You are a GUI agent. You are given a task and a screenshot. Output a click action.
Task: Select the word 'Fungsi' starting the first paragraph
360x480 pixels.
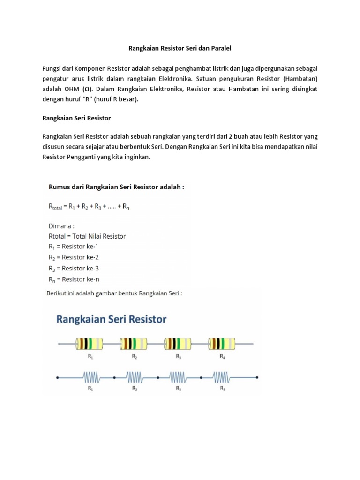click(x=52, y=68)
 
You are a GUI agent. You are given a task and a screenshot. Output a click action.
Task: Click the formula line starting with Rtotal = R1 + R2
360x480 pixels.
click(x=89, y=206)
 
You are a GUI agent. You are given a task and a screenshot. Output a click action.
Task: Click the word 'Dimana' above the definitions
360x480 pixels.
click(x=61, y=225)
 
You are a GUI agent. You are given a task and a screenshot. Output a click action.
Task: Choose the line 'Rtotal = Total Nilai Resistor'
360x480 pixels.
click(x=87, y=236)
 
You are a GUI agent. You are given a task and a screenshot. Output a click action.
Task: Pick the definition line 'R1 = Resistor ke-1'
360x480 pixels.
click(x=73, y=247)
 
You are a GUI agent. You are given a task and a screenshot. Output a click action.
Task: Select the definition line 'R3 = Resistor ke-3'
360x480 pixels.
click(x=74, y=269)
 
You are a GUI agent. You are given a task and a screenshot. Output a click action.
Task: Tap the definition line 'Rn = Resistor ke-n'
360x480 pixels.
click(x=74, y=280)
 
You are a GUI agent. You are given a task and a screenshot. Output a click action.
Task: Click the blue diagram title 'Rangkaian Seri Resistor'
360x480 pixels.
click(x=112, y=320)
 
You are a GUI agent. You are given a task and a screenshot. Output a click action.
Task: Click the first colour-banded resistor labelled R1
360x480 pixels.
click(x=90, y=345)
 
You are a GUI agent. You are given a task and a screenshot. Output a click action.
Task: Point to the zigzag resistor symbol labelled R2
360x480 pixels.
click(x=135, y=377)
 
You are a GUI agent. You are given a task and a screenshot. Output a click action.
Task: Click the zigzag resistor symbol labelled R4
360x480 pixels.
click(x=222, y=377)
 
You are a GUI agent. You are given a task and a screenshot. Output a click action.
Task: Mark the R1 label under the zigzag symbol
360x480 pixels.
click(x=90, y=389)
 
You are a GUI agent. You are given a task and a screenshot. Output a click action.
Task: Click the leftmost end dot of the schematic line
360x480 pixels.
click(x=57, y=377)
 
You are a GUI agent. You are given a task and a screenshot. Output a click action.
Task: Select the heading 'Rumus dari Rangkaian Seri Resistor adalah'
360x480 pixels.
click(x=116, y=187)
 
